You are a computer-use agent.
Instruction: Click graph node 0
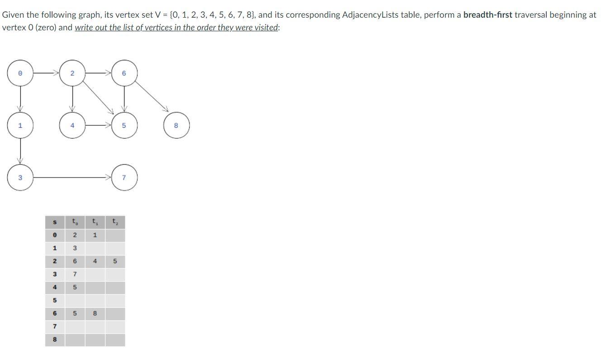coord(20,73)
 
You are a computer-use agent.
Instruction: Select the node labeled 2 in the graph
coord(72,73)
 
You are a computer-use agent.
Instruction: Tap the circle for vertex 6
coord(124,73)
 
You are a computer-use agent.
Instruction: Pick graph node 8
coord(176,125)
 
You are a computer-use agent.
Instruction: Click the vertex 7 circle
coord(124,178)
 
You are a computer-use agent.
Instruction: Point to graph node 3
coord(20,178)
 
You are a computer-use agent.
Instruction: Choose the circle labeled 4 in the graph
coord(72,125)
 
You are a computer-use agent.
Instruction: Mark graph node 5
coord(124,125)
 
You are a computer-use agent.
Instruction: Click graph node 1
coord(20,125)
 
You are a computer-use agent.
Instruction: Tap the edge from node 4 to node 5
coord(97,125)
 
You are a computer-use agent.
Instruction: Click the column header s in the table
coord(55,222)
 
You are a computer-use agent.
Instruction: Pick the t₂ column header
coord(114,222)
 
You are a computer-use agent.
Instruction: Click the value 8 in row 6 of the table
coord(95,313)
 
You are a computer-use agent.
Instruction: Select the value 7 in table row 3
coord(75,274)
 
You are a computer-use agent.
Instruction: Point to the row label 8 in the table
coord(55,339)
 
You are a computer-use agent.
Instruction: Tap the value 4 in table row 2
coord(95,261)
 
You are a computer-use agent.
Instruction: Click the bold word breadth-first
coord(487,15)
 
